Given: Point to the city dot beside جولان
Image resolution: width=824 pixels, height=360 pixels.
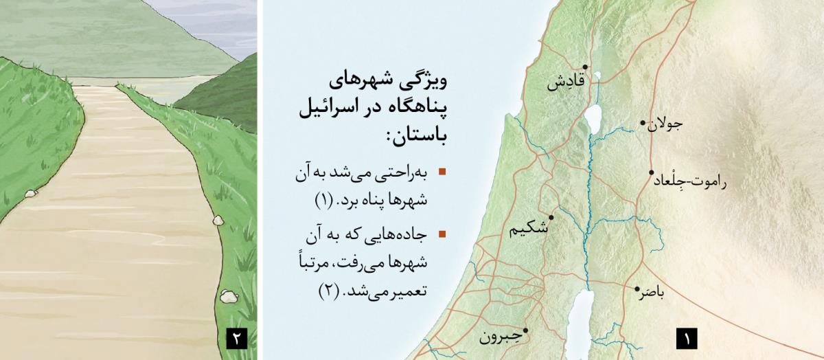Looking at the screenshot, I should [x=643, y=124].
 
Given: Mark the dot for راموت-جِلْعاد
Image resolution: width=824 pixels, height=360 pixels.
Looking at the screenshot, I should [x=651, y=173].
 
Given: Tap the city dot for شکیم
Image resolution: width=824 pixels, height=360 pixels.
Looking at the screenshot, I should [x=551, y=217].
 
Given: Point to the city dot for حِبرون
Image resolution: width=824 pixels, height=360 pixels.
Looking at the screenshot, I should [x=526, y=330].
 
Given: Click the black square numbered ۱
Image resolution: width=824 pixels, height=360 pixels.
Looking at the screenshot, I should [x=686, y=339].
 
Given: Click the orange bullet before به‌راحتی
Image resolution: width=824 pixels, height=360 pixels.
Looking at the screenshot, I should [x=442, y=172].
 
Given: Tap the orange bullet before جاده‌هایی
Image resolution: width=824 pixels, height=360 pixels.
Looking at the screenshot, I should [x=442, y=234].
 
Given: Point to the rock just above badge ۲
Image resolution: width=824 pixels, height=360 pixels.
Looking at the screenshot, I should [x=227, y=296].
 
